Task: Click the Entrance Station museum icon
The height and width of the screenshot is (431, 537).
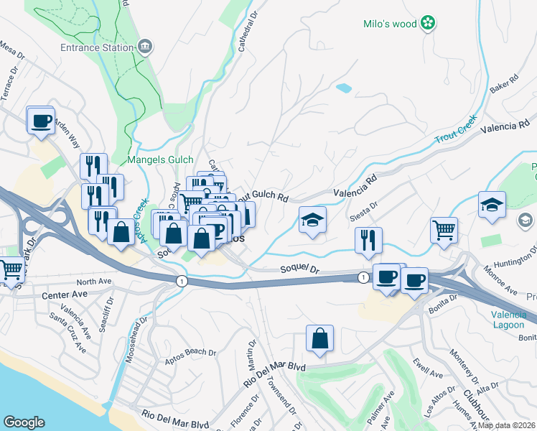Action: pos(145,47)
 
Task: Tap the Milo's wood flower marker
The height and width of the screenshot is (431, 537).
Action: pos(428,24)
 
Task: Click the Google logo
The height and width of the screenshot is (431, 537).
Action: pos(24,422)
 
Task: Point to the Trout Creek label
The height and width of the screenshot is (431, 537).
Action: pos(455,131)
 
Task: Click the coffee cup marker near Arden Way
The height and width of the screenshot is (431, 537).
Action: pos(41,119)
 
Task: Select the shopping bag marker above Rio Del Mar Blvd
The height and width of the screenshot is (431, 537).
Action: pos(319,338)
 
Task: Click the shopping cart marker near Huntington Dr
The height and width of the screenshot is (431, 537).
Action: pos(444,230)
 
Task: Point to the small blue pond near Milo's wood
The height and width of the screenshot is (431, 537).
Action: pos(344,88)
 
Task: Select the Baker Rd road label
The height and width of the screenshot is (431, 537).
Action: pos(504,84)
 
